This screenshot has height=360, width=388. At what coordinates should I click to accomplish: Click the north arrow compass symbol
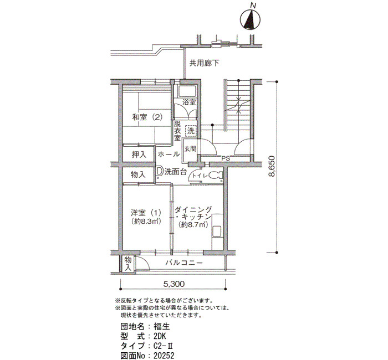(x=250, y=20)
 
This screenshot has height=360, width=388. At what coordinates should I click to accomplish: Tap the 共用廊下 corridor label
(x=204, y=63)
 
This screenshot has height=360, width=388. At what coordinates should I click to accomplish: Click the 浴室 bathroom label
(x=189, y=102)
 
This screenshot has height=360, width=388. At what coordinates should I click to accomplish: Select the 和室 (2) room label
(x=147, y=117)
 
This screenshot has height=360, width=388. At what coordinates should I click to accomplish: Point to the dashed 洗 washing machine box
(x=191, y=131)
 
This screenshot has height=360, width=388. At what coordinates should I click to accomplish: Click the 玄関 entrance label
(x=190, y=149)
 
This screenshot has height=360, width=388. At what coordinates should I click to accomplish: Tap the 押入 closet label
(x=139, y=155)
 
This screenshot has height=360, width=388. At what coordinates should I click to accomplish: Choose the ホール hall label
(x=169, y=155)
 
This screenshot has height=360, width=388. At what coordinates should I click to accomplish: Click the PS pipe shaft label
(x=226, y=159)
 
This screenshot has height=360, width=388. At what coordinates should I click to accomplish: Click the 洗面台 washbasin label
(x=175, y=172)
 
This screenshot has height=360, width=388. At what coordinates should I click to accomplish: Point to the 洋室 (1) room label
(x=146, y=212)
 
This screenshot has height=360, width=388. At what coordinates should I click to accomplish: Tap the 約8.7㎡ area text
(x=193, y=224)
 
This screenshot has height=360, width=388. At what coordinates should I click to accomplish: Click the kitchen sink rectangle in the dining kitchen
(x=217, y=231)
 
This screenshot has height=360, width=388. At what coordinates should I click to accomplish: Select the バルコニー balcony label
(x=184, y=263)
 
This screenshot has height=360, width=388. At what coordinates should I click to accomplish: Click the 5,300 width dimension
(x=174, y=284)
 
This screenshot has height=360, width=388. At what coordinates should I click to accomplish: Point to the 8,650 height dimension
(x=272, y=166)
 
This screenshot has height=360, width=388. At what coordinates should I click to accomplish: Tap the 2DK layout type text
(x=160, y=336)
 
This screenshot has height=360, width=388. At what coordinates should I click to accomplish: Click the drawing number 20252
(x=164, y=356)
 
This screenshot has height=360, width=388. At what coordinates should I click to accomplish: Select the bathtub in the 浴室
(x=187, y=91)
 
